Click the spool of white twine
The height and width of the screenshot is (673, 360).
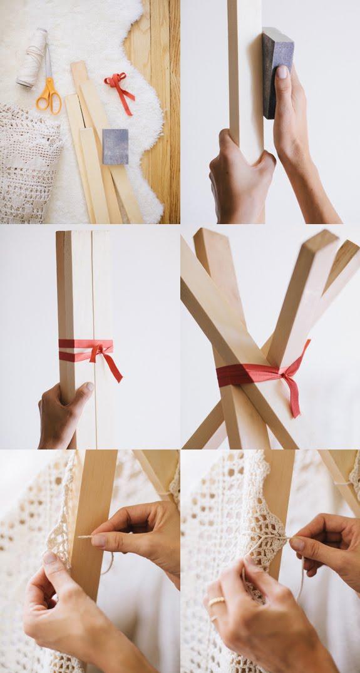[32, 58]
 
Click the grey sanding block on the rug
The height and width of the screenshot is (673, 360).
[115, 146]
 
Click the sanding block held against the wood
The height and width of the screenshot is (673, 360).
[277, 71]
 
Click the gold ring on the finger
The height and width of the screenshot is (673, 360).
[217, 602]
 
